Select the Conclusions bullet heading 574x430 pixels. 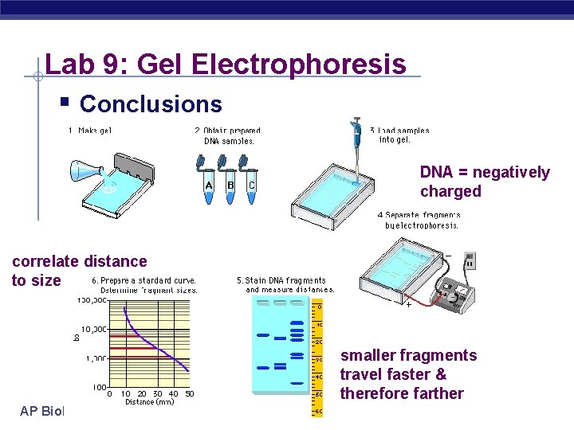(x=151, y=104)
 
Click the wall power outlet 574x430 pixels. (x=470, y=260)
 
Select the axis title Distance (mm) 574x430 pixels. (x=149, y=402)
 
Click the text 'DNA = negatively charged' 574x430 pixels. (x=485, y=182)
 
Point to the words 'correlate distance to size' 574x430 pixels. (x=79, y=270)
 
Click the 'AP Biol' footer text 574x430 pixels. (x=41, y=410)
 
